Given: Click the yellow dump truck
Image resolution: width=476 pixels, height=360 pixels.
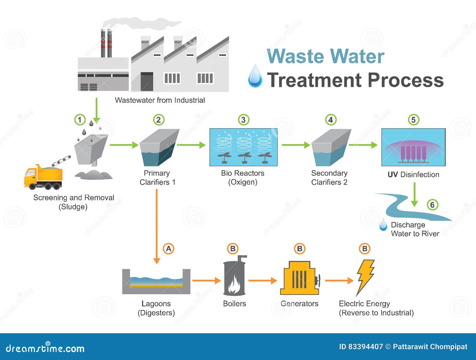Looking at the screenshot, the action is pos(43,177).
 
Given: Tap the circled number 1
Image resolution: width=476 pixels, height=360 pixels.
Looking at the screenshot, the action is pos(80,120).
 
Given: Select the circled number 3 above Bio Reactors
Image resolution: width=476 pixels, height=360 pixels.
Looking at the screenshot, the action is pos(244,120).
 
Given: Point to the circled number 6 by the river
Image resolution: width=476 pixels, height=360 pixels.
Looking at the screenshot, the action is pos(432,205).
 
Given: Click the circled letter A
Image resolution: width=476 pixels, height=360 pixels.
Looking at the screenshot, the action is pos(168,249).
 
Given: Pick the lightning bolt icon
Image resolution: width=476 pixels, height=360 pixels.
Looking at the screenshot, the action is pos(365,278).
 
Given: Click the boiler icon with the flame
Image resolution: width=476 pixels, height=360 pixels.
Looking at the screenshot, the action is pos(235,276).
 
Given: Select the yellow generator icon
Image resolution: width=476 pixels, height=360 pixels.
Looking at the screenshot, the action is pos(300,278).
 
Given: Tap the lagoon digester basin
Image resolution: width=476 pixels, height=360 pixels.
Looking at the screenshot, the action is pos(156,281).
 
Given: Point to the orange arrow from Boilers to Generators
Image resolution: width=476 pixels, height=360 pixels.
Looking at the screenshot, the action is pos(263,281).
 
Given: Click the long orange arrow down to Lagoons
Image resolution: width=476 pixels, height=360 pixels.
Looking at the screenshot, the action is pos(156,226).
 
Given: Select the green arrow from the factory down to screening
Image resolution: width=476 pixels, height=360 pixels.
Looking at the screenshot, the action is pos(96,111).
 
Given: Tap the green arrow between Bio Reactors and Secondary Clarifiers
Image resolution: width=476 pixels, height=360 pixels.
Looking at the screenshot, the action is pos(296,145).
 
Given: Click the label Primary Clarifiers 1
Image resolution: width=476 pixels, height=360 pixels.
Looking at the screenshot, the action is pos(157,178).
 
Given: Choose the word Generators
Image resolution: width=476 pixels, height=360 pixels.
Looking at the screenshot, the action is pos(299,303).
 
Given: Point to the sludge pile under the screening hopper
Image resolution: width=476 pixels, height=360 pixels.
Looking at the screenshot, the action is pos(94,175).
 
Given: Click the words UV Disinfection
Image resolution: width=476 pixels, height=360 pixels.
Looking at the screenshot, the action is pos(413,175).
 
